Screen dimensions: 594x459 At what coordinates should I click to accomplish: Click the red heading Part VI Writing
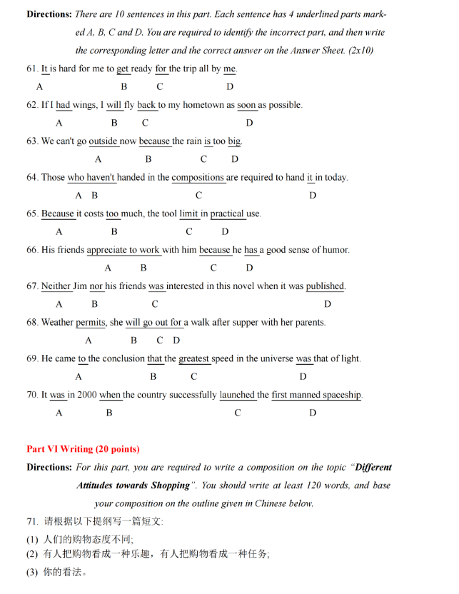tap(83, 449)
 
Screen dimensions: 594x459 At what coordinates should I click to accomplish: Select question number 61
tap(32, 69)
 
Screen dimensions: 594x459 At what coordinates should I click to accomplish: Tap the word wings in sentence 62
tap(84, 105)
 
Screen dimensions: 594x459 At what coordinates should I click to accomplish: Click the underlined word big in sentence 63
tap(235, 141)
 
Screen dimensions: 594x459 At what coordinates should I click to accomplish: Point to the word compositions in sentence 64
tap(198, 178)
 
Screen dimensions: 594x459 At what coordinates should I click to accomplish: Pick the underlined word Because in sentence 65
tap(58, 213)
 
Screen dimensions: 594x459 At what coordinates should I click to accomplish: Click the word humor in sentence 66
tap(335, 250)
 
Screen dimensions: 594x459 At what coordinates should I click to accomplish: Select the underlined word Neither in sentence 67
tap(56, 286)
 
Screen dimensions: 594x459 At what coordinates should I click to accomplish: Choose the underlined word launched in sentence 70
tap(237, 395)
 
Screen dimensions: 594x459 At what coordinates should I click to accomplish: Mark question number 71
tap(32, 521)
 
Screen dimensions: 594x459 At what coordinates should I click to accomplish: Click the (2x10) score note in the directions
tap(358, 51)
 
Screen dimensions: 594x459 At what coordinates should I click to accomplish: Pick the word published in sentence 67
tap(325, 286)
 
